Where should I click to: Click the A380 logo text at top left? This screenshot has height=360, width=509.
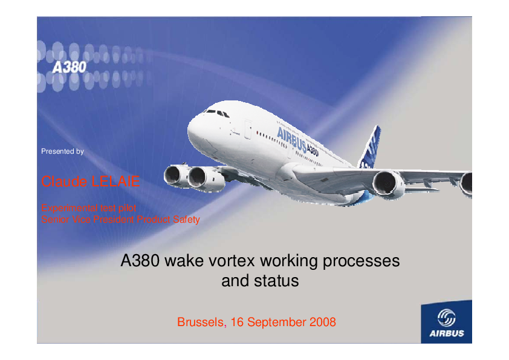pos(69,67)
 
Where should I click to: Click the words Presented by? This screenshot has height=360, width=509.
pos(62,151)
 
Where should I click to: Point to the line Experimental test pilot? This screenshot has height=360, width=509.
pos(89,208)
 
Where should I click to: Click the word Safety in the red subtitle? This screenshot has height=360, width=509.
pos(186,220)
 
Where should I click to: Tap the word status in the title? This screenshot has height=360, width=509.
pos(276,281)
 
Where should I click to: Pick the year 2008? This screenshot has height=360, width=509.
pos(323,322)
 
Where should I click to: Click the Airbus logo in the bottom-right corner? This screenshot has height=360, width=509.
pos(446,322)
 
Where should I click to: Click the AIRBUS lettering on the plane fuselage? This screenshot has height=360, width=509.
pos(291,140)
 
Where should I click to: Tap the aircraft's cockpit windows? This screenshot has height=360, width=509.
pos(217,113)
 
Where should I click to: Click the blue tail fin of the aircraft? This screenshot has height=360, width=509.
pos(370,148)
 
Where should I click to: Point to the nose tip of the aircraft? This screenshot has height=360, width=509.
pos(188,131)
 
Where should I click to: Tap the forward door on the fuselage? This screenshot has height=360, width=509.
pos(248,129)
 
